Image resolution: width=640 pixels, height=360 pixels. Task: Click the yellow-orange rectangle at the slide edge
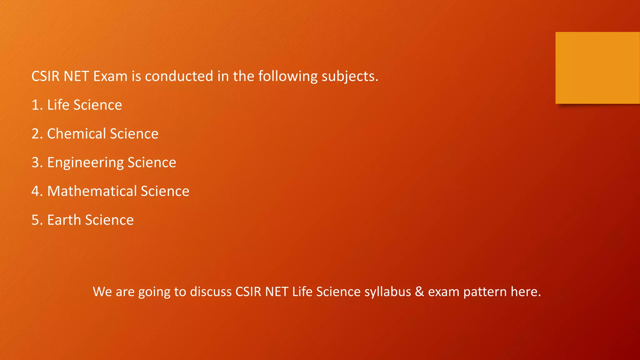coord(597,68)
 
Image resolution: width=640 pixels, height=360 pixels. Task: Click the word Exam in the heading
coord(110,76)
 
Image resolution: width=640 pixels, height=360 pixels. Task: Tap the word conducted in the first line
coord(179,76)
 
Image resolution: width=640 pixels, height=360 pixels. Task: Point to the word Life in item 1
coord(58,105)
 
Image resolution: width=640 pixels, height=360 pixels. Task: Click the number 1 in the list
coord(35,105)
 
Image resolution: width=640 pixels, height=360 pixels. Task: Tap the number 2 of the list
coord(35,134)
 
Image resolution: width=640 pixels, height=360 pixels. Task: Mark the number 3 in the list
coord(35,162)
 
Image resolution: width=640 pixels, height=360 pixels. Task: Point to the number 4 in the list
coord(35,191)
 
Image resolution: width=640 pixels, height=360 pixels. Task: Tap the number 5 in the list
coord(35,220)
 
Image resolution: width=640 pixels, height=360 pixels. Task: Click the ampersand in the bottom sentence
coord(419,292)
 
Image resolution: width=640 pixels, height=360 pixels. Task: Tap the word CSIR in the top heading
coord(45,76)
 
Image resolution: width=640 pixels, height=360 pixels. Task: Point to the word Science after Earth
coord(109,220)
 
